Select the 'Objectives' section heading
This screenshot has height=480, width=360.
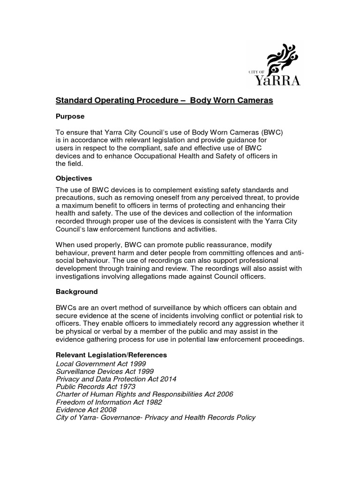[74, 178]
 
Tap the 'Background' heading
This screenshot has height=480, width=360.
[77, 292]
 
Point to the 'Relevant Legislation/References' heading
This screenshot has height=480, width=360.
[111, 355]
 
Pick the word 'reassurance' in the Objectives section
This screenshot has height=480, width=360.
[217, 245]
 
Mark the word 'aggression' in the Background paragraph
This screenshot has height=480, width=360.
[252, 323]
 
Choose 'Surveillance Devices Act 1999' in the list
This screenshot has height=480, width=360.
[105, 371]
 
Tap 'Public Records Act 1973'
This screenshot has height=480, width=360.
[96, 387]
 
